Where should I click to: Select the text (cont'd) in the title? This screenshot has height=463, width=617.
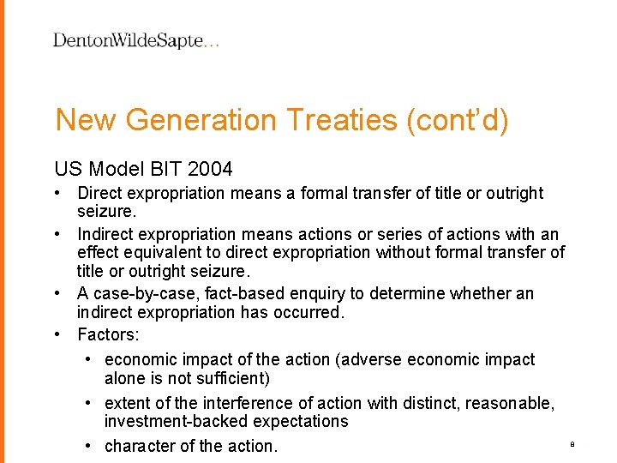(x=459, y=120)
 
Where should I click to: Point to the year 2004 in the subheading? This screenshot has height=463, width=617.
(x=213, y=169)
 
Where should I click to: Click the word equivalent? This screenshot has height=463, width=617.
(x=156, y=252)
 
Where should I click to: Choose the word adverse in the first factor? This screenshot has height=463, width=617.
(x=369, y=359)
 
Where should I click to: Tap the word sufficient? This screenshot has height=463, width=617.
(x=231, y=378)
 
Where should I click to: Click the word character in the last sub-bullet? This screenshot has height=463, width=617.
(x=141, y=446)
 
